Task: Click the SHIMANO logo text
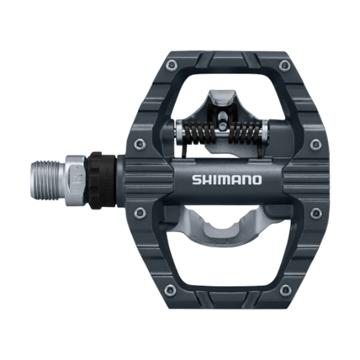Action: (x=227, y=179)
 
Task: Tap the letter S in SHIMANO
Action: (x=196, y=179)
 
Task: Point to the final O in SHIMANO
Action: (x=257, y=179)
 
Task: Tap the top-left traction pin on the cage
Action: (x=172, y=65)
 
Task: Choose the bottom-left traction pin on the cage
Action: (x=172, y=290)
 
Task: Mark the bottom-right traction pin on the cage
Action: (x=285, y=290)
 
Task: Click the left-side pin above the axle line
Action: (x=140, y=143)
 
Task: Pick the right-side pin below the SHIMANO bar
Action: (x=316, y=212)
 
